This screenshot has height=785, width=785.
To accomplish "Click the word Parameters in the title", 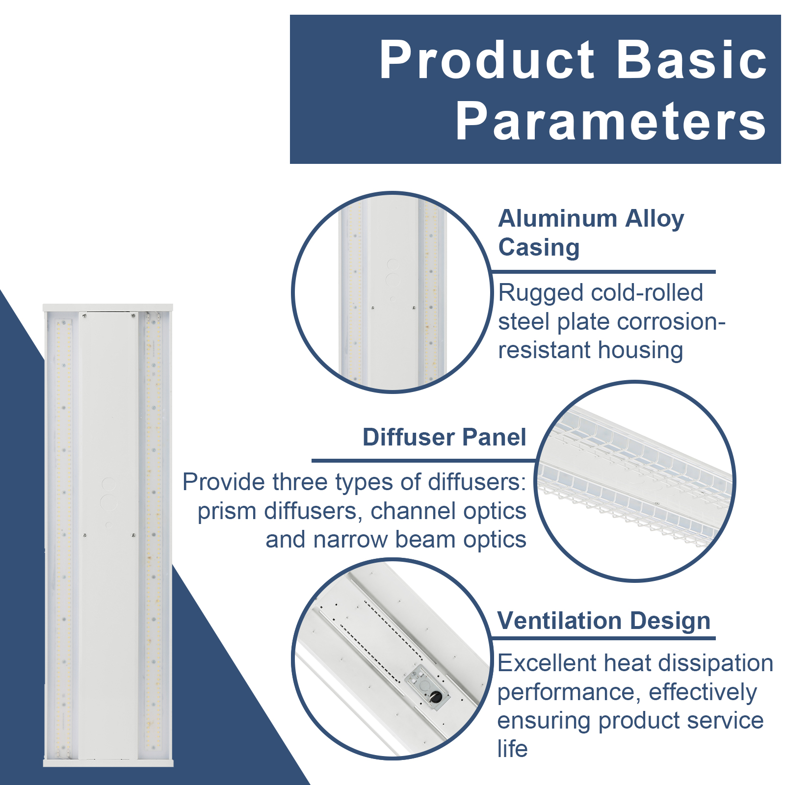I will (x=610, y=121).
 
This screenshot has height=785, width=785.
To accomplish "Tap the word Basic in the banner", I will (x=691, y=60).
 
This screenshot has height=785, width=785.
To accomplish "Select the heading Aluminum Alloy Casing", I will (x=591, y=233).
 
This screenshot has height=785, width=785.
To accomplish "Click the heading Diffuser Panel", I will (x=444, y=437).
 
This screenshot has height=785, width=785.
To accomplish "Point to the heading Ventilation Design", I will (x=603, y=621).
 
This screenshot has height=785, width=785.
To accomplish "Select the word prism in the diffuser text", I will (x=228, y=511).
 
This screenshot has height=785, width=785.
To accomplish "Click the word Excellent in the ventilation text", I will (x=547, y=663).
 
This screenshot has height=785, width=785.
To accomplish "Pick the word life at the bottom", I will (x=512, y=749).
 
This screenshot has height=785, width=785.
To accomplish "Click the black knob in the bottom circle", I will (x=436, y=696).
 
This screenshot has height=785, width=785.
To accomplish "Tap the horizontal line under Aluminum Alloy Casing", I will (x=603, y=271).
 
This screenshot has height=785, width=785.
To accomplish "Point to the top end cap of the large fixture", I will (x=108, y=308).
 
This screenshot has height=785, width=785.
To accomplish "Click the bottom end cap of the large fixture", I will (x=108, y=763).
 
